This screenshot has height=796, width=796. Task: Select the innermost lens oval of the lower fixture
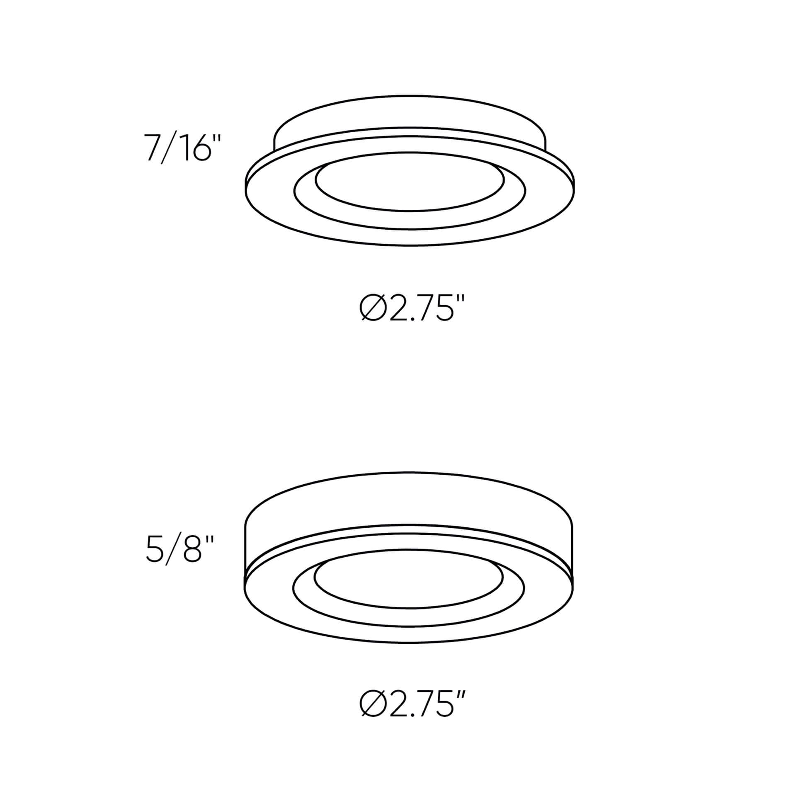(408, 585)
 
